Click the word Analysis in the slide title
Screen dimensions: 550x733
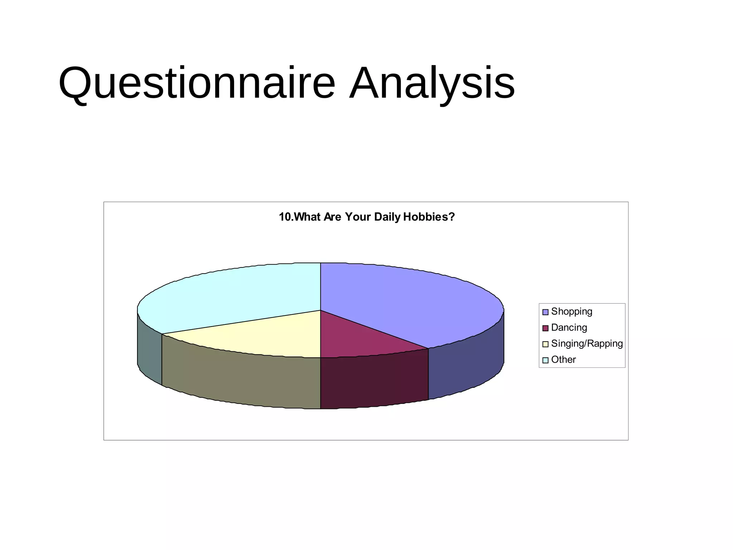[432, 83]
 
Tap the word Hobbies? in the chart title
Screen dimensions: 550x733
[428, 217]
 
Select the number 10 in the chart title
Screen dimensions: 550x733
[285, 217]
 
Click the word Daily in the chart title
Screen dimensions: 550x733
[387, 217]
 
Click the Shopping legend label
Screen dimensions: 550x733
[572, 312]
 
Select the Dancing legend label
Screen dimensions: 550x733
[569, 328]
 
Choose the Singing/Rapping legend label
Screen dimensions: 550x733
[587, 344]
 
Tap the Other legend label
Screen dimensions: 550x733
[563, 360]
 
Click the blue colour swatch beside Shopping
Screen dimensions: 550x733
[545, 312]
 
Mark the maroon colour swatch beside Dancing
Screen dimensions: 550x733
[545, 328]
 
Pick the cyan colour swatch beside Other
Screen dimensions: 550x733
[545, 360]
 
